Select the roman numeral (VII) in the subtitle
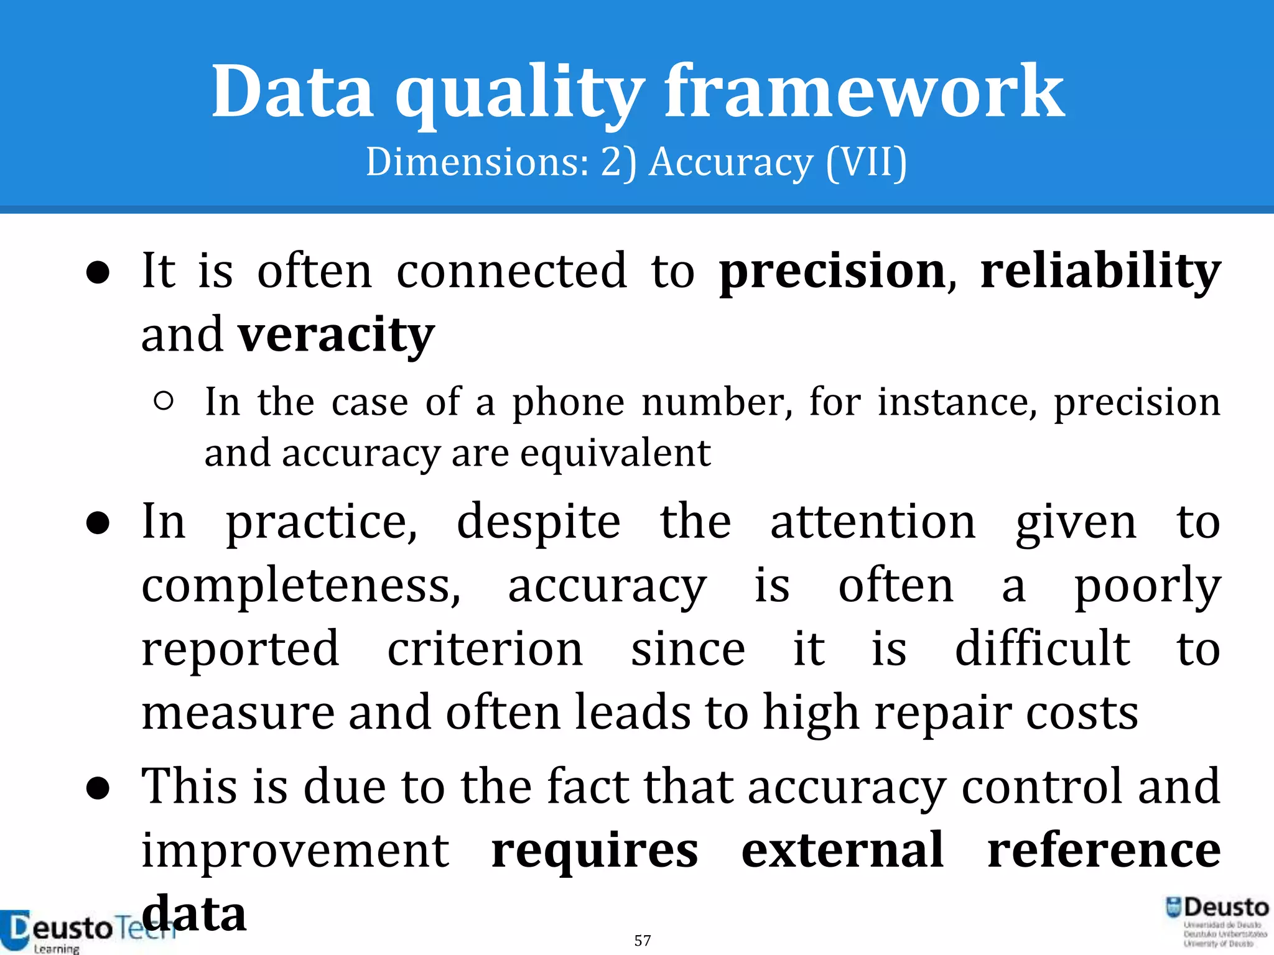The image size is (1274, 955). [x=867, y=163]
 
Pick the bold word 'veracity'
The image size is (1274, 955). [x=337, y=336]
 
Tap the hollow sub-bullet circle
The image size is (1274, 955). [x=163, y=401]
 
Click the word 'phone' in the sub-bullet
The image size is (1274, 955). [x=568, y=404]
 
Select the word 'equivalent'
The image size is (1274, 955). [x=615, y=454]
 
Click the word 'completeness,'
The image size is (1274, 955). [x=301, y=587]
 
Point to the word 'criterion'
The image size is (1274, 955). [x=485, y=649]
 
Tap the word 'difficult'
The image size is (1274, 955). [x=1043, y=649]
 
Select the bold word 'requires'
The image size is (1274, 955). [x=595, y=852]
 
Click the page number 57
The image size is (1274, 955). [x=643, y=940]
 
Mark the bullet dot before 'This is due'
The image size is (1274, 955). [x=98, y=789]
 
